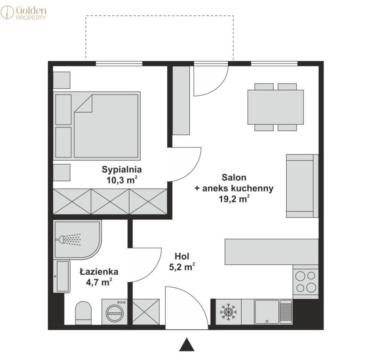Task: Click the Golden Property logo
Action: [x=23, y=13]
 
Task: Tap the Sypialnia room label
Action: [x=122, y=170]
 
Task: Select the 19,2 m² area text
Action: [x=234, y=199]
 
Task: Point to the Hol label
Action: [x=182, y=256]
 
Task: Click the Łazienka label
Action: [x=99, y=271]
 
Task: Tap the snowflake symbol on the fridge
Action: [x=228, y=312]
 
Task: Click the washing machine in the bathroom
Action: [x=114, y=312]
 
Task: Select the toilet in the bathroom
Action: [x=83, y=313]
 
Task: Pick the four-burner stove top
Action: [x=305, y=282]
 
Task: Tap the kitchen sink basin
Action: [x=267, y=312]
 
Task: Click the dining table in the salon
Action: [x=275, y=107]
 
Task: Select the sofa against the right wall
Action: [x=302, y=186]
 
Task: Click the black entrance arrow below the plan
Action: [x=187, y=345]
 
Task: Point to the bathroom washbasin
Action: [x=62, y=276]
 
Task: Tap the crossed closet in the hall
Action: [x=146, y=312]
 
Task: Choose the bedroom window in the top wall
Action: [x=119, y=63]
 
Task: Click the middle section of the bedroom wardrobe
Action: [x=110, y=201]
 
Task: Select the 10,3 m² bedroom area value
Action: [x=122, y=180]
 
